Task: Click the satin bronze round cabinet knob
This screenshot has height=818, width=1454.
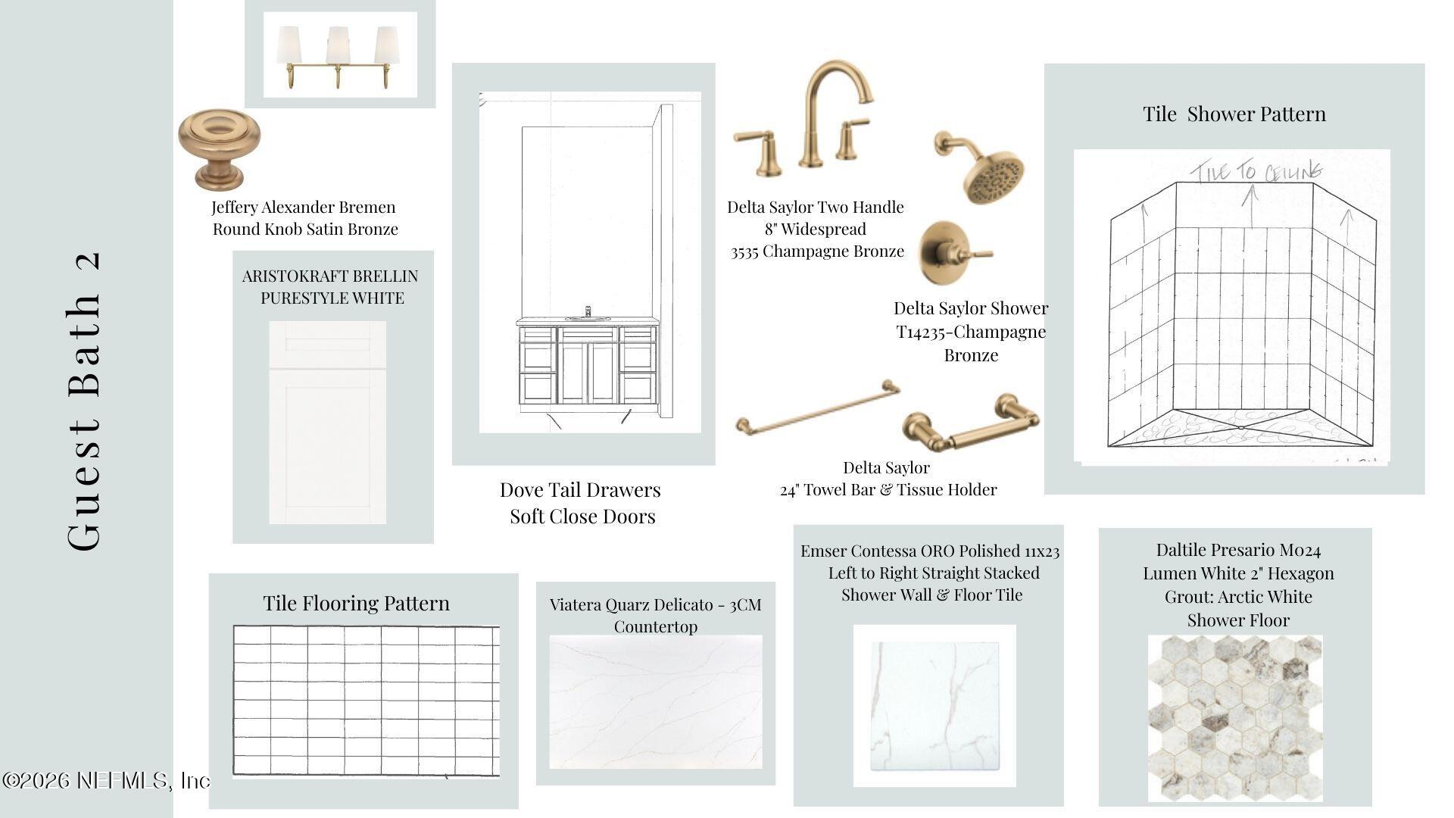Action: point(219,148)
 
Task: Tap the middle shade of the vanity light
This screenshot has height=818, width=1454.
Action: point(339,45)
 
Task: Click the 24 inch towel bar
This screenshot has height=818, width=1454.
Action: point(818,409)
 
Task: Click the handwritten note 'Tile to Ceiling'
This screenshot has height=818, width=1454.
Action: point(1257,172)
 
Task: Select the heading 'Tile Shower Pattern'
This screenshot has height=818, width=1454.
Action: point(1234,114)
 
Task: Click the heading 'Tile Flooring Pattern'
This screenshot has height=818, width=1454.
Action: point(356,604)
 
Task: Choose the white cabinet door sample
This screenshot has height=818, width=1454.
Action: point(328,422)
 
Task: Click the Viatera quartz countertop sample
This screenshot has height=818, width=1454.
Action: point(656,702)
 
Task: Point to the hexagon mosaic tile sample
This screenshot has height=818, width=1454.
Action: point(1235,718)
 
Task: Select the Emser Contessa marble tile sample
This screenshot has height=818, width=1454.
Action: point(935,705)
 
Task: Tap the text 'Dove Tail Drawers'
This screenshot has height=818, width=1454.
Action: point(580,490)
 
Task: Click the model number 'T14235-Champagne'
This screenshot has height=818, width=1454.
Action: point(972,332)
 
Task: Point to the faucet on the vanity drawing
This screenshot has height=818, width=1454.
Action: point(588,313)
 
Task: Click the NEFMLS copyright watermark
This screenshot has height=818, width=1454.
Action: point(106,780)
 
